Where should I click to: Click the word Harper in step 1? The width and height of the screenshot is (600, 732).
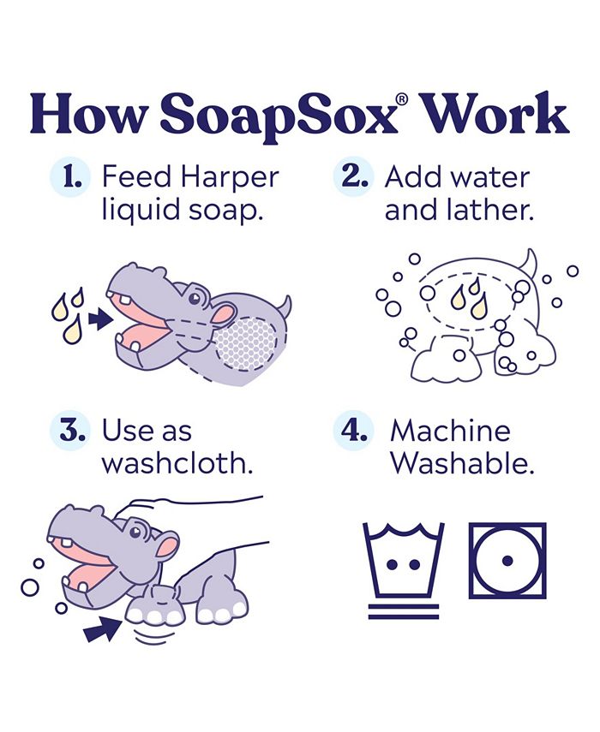tap(229, 179)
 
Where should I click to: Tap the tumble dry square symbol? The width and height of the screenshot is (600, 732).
tap(507, 561)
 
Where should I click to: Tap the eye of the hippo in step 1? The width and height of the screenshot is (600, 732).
tap(196, 299)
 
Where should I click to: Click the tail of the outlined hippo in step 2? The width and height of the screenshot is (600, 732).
tap(531, 262)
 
